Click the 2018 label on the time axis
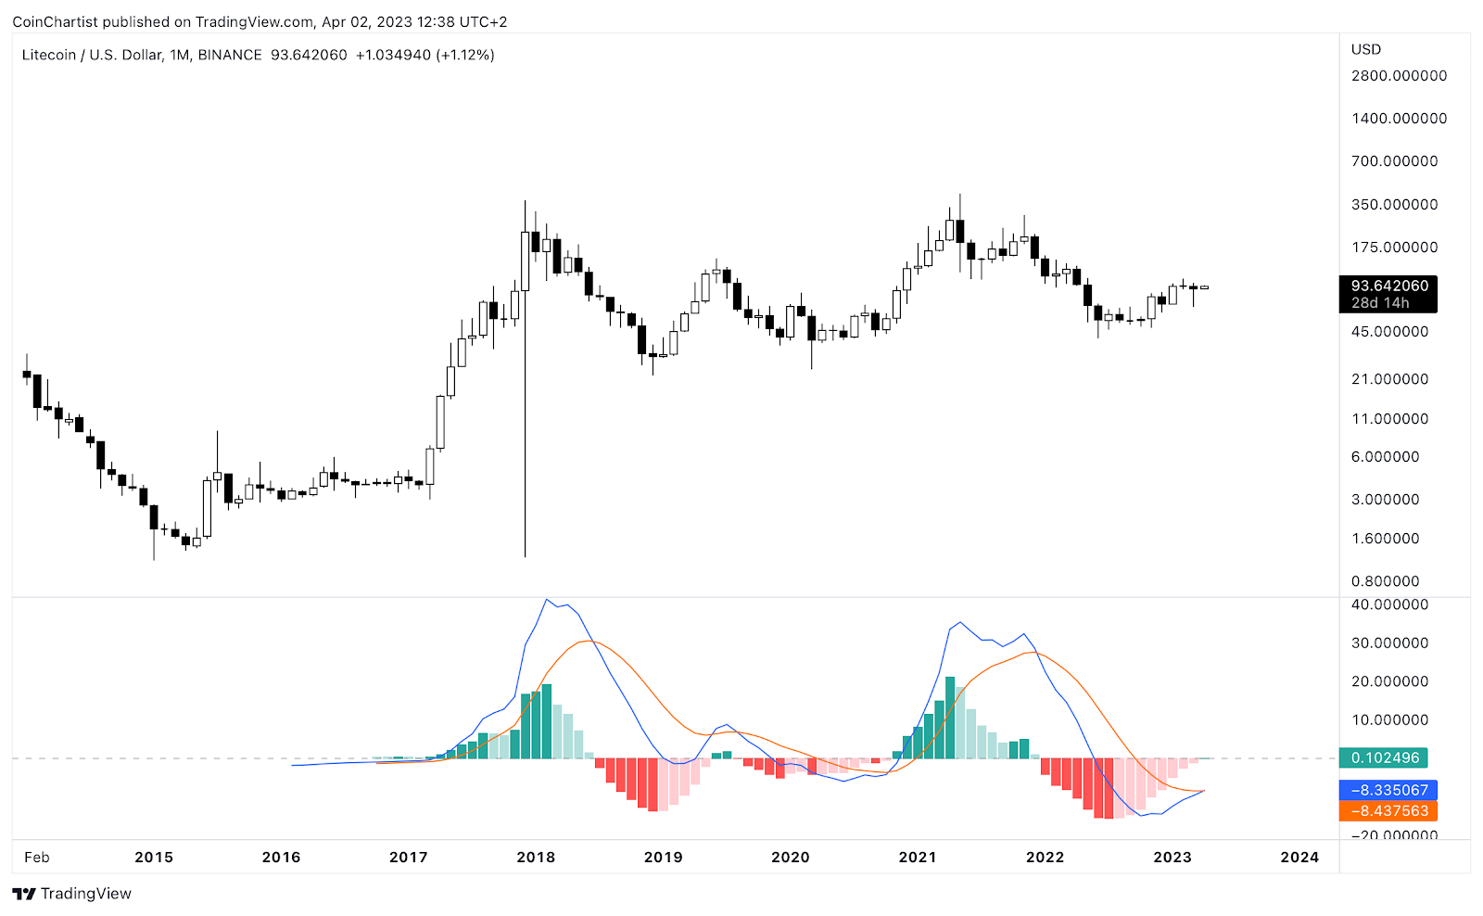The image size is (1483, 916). [536, 857]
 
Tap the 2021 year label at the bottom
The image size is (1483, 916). [918, 857]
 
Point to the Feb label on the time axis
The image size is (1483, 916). [37, 857]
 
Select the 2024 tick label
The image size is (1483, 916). [1299, 857]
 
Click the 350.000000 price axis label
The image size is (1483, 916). [1394, 204]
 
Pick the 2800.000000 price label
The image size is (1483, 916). [1399, 76]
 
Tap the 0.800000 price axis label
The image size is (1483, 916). [1385, 581]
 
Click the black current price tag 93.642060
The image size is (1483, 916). [1388, 286]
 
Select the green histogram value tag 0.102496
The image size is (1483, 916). [1385, 757]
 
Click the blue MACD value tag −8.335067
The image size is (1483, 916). [1388, 790]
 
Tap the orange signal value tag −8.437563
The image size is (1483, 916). [1388, 810]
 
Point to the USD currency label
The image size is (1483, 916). [1365, 49]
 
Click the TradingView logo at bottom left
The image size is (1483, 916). [72, 894]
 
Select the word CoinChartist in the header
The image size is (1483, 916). [55, 21]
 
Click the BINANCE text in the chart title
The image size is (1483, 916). [230, 55]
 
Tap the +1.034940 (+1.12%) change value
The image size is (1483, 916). [425, 55]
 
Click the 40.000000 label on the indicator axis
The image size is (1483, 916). [1389, 604]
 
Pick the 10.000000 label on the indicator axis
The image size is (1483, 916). [1389, 719]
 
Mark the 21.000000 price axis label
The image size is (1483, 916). [1389, 378]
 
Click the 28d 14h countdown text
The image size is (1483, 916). [1380, 303]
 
